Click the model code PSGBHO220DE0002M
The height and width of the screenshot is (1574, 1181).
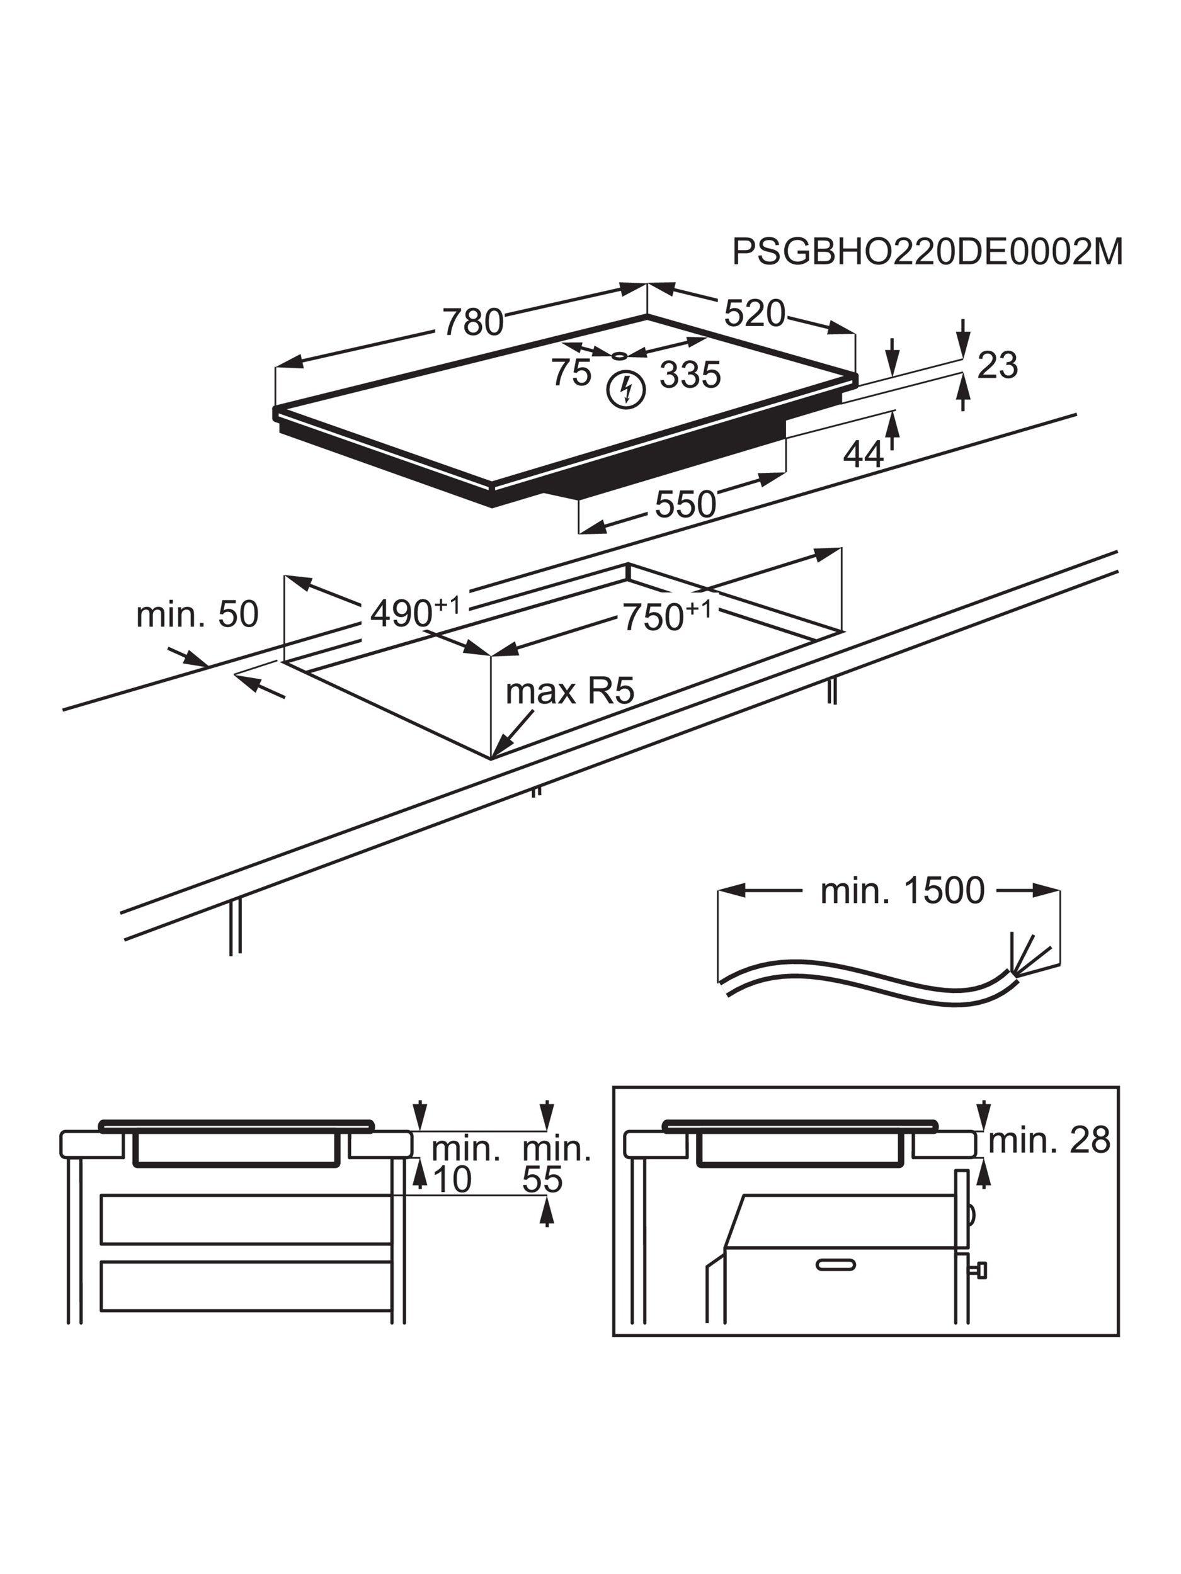coord(927,252)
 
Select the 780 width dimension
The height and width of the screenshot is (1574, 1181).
coord(472,322)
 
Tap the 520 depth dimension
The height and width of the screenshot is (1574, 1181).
coord(754,313)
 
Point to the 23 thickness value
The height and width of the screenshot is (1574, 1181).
coord(996,365)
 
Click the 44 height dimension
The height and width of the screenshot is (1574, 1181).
coord(863,453)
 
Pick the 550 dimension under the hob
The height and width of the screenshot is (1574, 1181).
coord(685,504)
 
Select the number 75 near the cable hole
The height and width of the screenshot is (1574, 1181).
coord(571,373)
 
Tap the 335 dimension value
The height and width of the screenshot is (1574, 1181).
coord(690,374)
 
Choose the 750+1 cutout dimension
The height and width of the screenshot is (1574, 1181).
coord(666,616)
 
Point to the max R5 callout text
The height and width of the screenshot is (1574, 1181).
coord(569,691)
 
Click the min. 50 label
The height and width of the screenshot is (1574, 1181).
coord(197,614)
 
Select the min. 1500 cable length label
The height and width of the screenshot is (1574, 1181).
coord(902,890)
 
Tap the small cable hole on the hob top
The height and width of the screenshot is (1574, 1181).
coord(619,355)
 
